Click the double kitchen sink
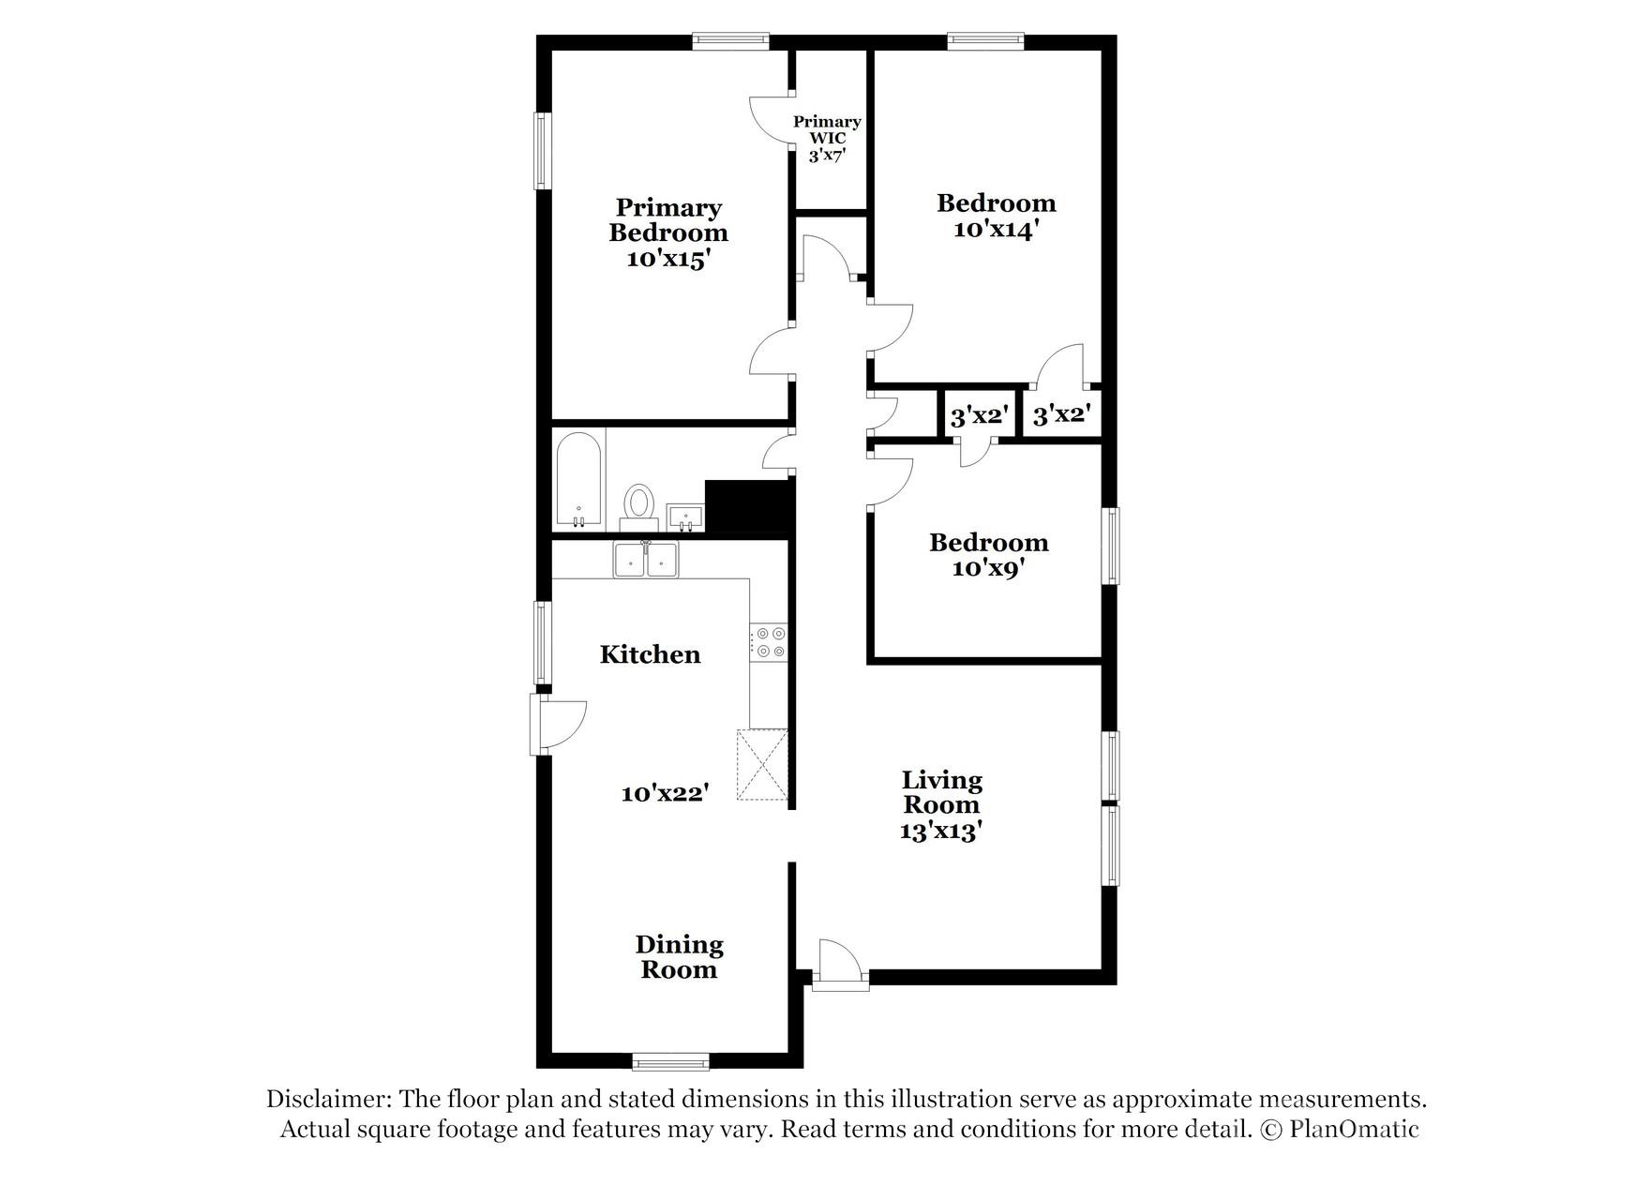coord(646,561)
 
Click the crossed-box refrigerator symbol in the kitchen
coord(762,764)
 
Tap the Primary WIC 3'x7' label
coord(827,138)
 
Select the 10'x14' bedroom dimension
coord(995,230)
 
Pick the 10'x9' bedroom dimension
coord(987,568)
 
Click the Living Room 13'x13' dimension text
coord(940,831)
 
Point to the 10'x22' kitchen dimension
coord(665,793)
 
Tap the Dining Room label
coord(679,957)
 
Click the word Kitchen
coord(650,654)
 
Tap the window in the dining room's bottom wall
coord(670,1061)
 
